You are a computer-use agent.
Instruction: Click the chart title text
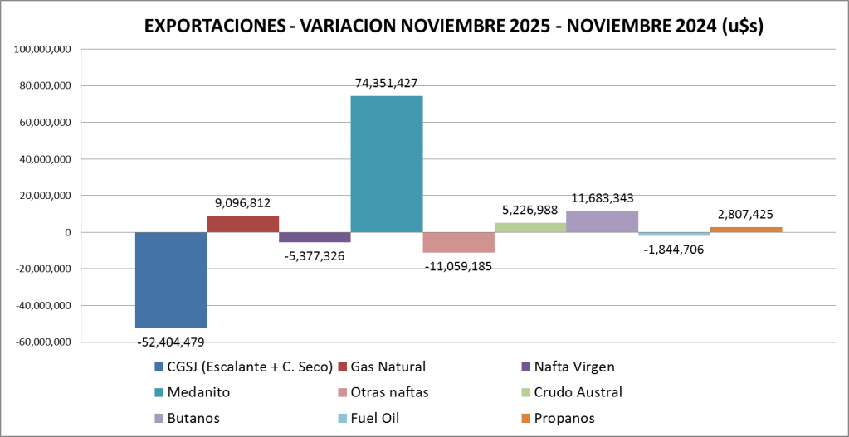[454, 26]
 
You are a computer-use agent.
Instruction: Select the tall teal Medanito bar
[386, 164]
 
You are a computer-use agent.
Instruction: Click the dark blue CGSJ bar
[171, 279]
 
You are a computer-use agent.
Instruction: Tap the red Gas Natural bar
[242, 224]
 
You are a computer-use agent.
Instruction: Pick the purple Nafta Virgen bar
[315, 237]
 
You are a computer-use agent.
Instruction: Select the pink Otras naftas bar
[458, 242]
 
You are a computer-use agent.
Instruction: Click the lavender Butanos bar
[602, 221]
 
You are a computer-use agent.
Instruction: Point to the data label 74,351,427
[386, 83]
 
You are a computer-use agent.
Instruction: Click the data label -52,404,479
[170, 342]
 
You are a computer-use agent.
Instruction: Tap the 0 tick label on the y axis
[67, 233]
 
